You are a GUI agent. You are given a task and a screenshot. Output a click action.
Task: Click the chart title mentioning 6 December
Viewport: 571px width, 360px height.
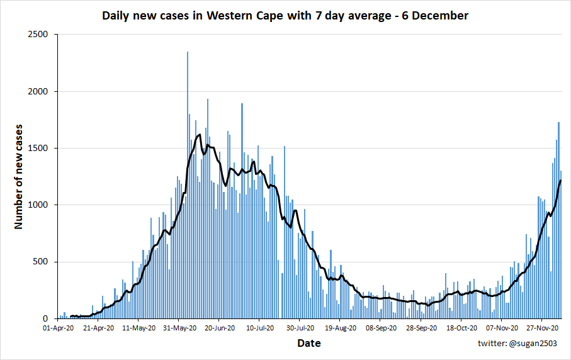pos(285,16)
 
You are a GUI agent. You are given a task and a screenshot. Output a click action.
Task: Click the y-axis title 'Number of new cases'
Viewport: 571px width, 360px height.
pos(19,176)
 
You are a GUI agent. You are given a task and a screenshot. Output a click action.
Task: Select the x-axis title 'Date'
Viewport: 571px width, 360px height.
pos(308,343)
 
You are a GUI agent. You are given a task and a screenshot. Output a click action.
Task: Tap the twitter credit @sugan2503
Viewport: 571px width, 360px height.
pos(519,344)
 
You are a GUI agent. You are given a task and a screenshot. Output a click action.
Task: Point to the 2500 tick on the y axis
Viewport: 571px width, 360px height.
pos(38,35)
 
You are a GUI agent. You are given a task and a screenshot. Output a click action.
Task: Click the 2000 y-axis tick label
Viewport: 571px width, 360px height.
pos(38,91)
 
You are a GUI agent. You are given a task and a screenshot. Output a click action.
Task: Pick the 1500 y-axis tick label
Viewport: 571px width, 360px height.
pos(38,148)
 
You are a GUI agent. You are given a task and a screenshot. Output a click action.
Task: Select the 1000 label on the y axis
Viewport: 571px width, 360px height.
pos(38,205)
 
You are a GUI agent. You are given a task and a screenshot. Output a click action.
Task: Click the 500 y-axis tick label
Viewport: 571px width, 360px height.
pos(41,262)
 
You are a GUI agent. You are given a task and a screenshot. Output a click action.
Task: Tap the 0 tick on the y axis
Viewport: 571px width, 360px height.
pos(46,318)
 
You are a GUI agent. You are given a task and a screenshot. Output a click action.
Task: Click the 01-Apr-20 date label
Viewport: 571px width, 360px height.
pos(58,328)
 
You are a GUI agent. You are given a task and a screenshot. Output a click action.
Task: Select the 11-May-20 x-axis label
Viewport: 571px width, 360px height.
pos(139,328)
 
